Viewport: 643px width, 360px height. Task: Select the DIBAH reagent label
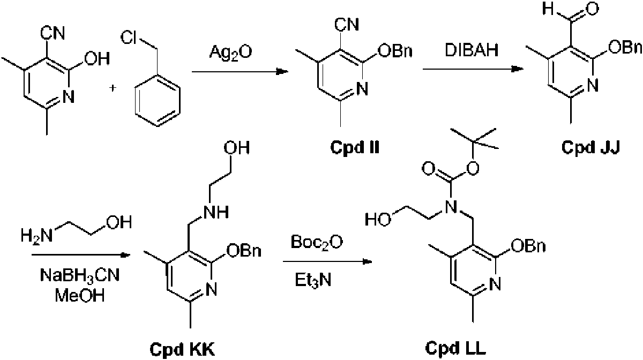point(472,50)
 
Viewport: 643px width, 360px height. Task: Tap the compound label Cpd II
point(355,147)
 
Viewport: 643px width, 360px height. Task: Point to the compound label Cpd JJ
point(590,147)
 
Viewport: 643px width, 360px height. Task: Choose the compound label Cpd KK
point(182,349)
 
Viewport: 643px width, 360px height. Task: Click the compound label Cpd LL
point(455,348)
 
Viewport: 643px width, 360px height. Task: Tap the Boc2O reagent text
point(317,243)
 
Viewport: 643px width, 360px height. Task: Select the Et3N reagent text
point(313,280)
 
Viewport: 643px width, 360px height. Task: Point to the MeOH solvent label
point(79,295)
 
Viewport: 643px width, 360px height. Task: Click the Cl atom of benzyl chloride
point(128,37)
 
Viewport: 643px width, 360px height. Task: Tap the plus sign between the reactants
point(113,87)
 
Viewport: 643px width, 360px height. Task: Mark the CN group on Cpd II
point(347,25)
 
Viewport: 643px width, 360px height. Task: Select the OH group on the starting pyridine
point(97,58)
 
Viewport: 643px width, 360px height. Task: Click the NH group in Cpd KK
point(216,213)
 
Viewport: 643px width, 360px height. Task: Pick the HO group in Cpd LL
point(378,220)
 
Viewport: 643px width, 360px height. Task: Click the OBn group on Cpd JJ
point(625,47)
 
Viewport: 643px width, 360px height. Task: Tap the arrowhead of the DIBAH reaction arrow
point(518,69)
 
